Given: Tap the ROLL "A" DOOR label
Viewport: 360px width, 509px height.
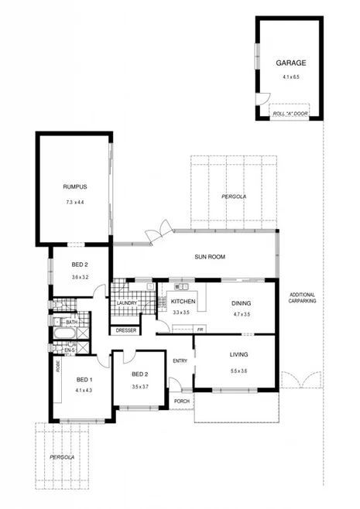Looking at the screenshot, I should pos(290,114).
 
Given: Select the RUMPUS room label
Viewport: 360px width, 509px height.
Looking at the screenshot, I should pos(74,186).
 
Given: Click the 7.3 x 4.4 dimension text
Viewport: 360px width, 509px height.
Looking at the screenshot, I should pos(74,203).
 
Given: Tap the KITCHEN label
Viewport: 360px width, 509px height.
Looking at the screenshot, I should pos(183,301).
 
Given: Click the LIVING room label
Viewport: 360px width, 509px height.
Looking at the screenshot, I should pos(238,355).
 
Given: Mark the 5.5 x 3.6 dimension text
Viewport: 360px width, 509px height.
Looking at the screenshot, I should pos(238,372).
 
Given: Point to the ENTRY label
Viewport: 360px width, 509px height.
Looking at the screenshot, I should pos(180,360).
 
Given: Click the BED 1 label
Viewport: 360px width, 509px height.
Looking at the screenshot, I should pos(84,379).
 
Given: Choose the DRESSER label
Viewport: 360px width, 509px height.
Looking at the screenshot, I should pos(125,330).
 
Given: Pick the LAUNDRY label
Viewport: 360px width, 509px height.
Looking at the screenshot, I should pos(126,302).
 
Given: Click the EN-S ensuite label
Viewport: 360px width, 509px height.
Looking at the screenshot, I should pos(70,350).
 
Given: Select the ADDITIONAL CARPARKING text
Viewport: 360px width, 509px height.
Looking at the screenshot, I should pos(303,299).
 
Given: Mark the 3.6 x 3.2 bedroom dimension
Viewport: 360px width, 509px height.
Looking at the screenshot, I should pos(80,277).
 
